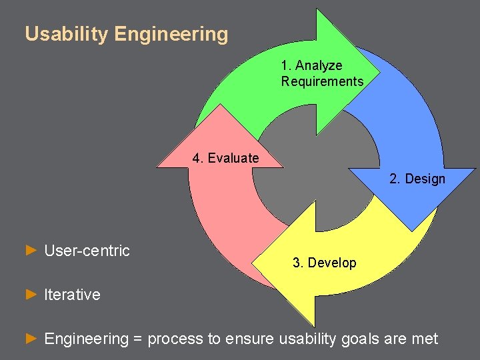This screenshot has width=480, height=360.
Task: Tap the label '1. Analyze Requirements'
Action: [x=321, y=73]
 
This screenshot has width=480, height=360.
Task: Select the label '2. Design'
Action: [x=417, y=179]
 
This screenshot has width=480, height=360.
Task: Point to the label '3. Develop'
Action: [x=324, y=263]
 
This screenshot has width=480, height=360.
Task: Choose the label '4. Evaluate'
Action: [x=225, y=158]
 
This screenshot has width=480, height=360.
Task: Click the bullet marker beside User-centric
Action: [x=30, y=251]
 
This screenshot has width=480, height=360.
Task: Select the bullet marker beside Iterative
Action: [x=30, y=294]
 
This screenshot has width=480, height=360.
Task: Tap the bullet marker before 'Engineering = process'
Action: [x=30, y=339]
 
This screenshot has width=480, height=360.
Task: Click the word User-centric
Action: [x=87, y=251]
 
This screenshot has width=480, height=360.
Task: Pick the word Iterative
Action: [x=72, y=295]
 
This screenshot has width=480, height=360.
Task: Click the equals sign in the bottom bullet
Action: [x=138, y=339]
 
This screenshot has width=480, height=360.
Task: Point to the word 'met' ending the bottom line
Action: [x=425, y=339]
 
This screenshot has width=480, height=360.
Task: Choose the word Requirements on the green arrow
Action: [x=322, y=81]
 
